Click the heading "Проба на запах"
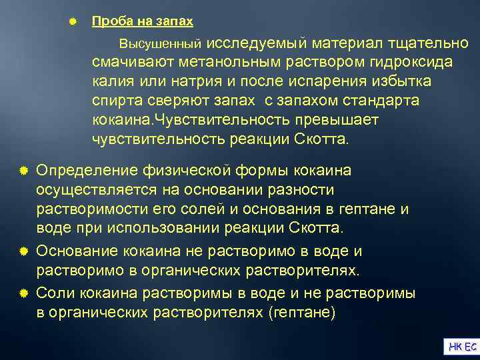(142, 21)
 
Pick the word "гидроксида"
(413, 62)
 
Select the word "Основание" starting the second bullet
(77, 251)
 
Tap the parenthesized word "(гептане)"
(300, 312)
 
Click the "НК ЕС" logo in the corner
(462, 346)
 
